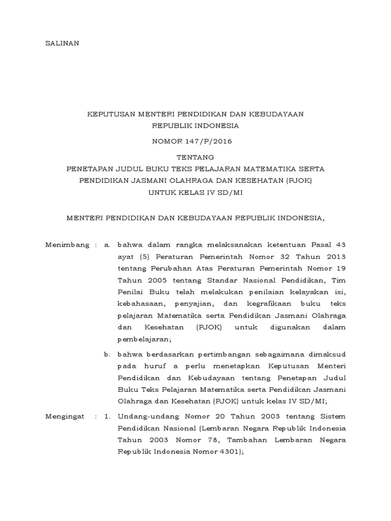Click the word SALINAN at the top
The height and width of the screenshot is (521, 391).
[x=63, y=43]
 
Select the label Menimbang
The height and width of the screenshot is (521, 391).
[x=67, y=245]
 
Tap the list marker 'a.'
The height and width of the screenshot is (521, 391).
[x=107, y=245]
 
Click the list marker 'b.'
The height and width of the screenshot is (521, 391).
[x=107, y=353]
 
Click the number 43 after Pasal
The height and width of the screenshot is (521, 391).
[x=340, y=245]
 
